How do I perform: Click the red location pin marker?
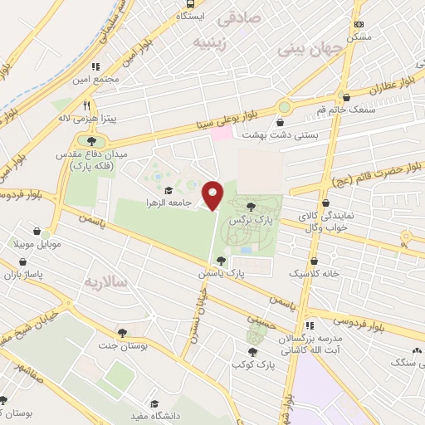pos(213,194)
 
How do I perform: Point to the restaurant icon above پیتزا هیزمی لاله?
pos(86,105)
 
